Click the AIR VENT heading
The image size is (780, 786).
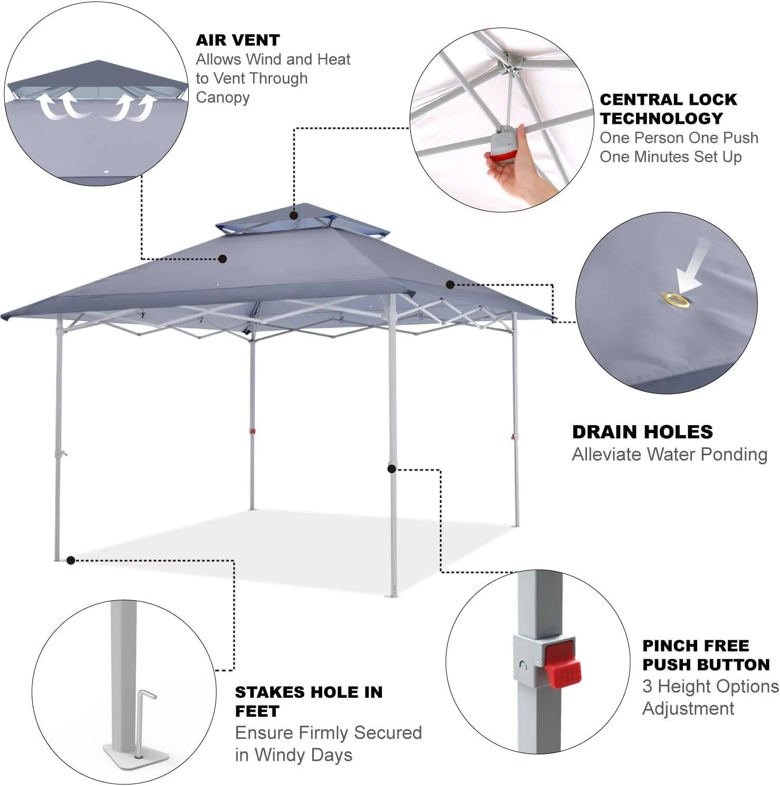click(x=238, y=40)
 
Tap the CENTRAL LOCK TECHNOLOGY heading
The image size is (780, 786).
click(x=668, y=109)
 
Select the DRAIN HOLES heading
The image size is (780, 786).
click(x=642, y=432)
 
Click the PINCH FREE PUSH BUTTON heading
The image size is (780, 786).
click(x=706, y=655)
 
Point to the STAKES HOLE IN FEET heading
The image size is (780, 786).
click(x=309, y=702)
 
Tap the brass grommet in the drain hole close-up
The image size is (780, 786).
click(x=677, y=301)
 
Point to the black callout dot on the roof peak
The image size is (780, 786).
click(x=294, y=215)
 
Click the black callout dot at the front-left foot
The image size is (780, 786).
click(x=71, y=560)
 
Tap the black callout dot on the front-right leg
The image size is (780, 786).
click(x=392, y=468)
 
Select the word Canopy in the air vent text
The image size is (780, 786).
click(x=223, y=98)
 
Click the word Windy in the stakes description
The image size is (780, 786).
click(x=284, y=755)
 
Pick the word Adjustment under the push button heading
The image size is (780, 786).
click(x=688, y=708)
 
